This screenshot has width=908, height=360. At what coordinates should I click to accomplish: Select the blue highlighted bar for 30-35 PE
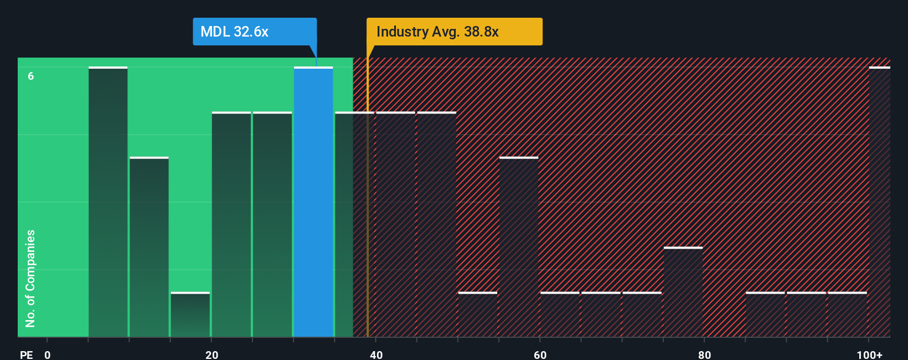click(x=313, y=202)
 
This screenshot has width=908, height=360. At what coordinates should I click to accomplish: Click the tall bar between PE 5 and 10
click(x=108, y=202)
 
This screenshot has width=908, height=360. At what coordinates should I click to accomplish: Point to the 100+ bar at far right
click(x=879, y=202)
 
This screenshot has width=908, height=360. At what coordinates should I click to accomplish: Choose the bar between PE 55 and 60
click(x=519, y=247)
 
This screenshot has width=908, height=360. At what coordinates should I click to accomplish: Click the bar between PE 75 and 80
click(x=683, y=292)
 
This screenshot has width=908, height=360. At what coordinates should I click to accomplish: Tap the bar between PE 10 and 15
click(x=149, y=247)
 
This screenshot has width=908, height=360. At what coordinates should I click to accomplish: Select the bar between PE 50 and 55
click(x=478, y=315)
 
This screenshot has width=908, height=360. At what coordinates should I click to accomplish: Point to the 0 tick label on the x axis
click(x=48, y=354)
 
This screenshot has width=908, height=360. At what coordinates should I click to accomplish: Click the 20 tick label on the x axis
click(x=212, y=354)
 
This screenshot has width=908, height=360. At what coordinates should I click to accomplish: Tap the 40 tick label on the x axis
click(x=376, y=354)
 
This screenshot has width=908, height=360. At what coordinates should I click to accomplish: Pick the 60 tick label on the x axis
click(x=540, y=354)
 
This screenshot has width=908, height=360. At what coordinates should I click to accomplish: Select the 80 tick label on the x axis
click(x=704, y=354)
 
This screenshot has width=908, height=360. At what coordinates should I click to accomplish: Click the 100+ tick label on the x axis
click(x=869, y=354)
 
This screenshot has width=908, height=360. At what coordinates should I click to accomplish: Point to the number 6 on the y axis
click(x=31, y=76)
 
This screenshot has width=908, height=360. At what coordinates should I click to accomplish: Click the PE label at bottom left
click(x=26, y=354)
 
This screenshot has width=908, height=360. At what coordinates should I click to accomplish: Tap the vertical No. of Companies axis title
click(x=30, y=278)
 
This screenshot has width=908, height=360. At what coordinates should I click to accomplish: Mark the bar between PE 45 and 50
click(x=437, y=224)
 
